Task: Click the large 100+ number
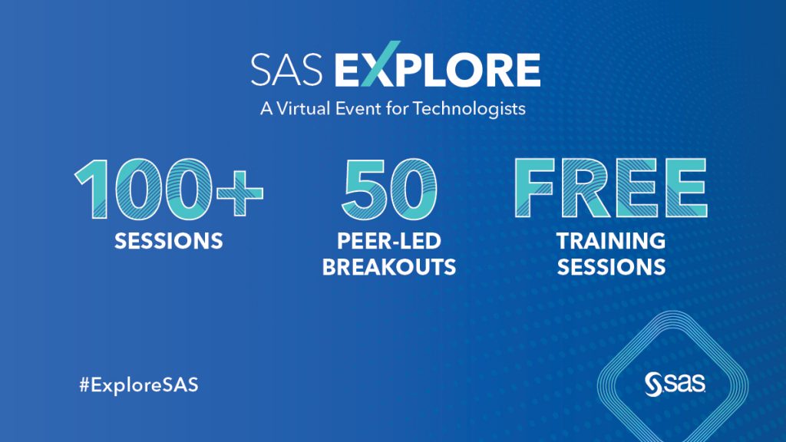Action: click(x=169, y=189)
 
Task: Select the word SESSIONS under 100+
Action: click(x=169, y=242)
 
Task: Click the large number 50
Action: click(x=389, y=189)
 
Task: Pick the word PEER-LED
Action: click(x=389, y=242)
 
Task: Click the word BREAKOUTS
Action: click(x=389, y=267)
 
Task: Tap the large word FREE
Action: click(x=610, y=189)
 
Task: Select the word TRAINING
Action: click(x=610, y=242)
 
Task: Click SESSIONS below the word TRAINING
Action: click(x=610, y=267)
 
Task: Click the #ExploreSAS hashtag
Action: click(x=138, y=385)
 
